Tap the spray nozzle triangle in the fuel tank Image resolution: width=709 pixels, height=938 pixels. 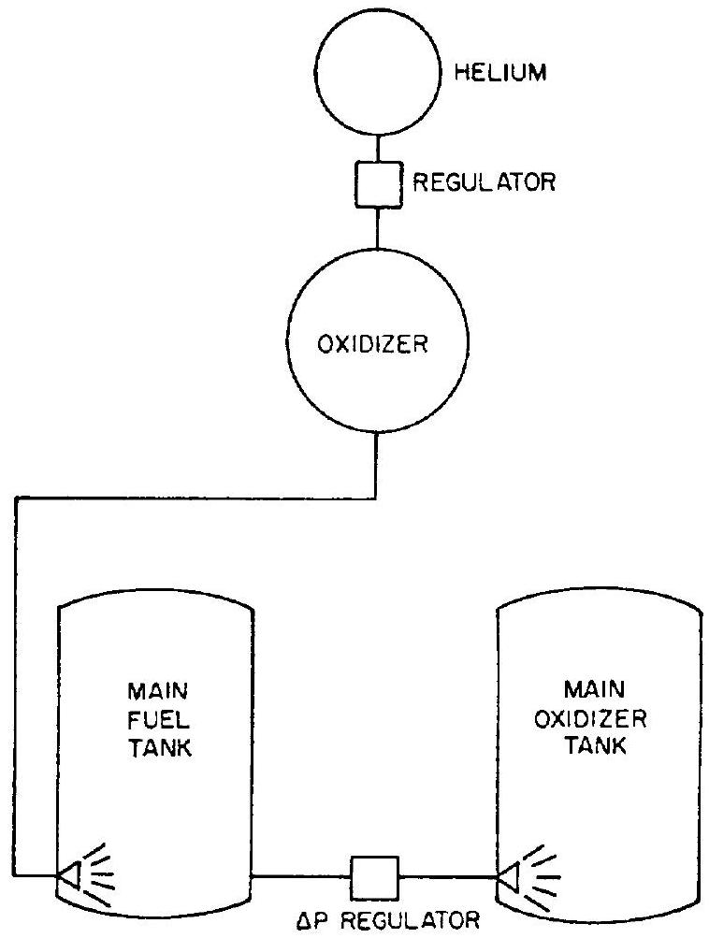coord(68,876)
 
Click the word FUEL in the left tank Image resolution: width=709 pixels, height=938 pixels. coord(154,723)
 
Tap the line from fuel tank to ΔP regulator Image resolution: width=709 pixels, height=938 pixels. coord(301,877)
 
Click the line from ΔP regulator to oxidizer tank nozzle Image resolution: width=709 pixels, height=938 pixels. coord(447,877)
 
